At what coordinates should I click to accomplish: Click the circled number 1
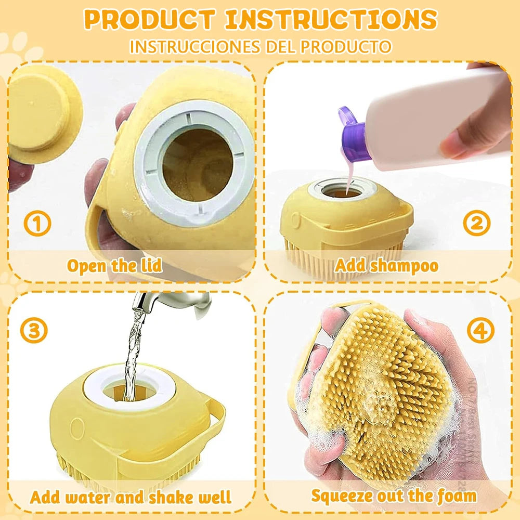point(37,224)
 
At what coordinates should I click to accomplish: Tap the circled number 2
point(477,224)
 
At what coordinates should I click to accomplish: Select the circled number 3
point(34,330)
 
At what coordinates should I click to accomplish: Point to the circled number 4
point(480,330)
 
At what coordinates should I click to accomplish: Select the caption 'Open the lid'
point(114,266)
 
